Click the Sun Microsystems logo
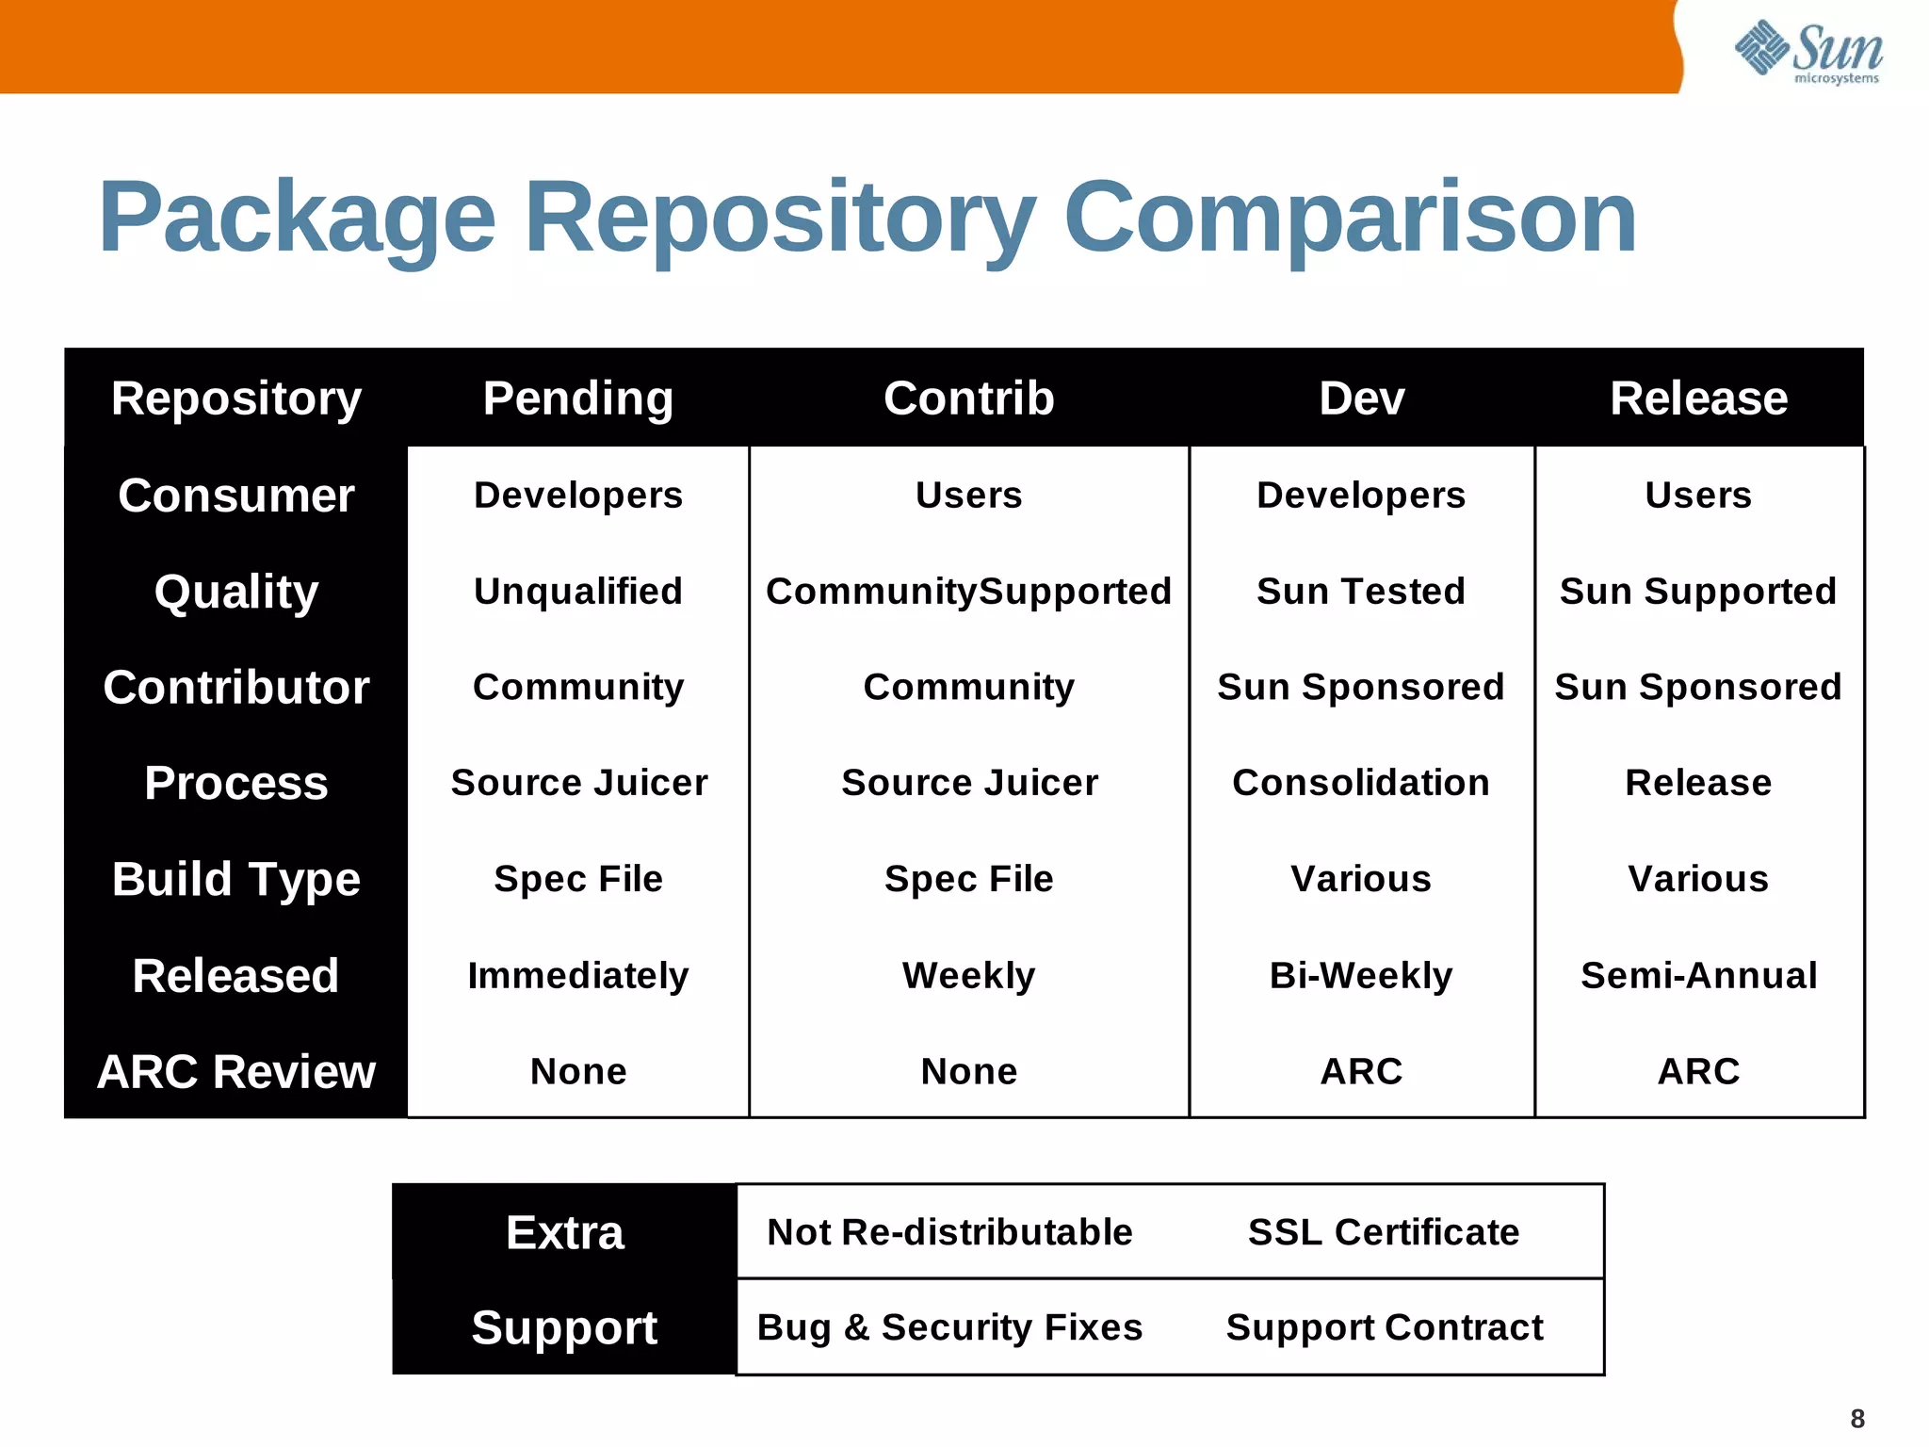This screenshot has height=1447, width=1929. point(1808,52)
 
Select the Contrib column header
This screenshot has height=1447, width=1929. point(968,398)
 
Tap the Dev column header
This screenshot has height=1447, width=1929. point(1361,398)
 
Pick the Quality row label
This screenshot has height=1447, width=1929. point(235,592)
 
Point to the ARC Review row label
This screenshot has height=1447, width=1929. point(235,1071)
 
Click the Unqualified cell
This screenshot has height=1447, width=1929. point(578,592)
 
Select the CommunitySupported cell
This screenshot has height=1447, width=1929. point(968,592)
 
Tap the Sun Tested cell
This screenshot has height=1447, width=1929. point(1361,592)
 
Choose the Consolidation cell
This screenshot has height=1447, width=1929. point(1361,783)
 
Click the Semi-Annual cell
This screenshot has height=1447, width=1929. point(1698,975)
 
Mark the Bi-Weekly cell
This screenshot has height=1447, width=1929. point(1361,975)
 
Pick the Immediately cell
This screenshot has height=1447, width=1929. point(578,975)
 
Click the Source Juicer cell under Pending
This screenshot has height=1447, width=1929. point(578,783)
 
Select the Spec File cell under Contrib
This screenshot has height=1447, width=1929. point(968,879)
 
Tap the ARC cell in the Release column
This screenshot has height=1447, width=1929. point(1698,1071)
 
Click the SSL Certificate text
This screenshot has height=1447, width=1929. point(1384,1232)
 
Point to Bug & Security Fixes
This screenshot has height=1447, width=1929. point(949,1327)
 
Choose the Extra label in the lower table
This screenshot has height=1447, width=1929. point(564,1232)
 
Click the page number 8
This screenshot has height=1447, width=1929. point(1857,1419)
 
